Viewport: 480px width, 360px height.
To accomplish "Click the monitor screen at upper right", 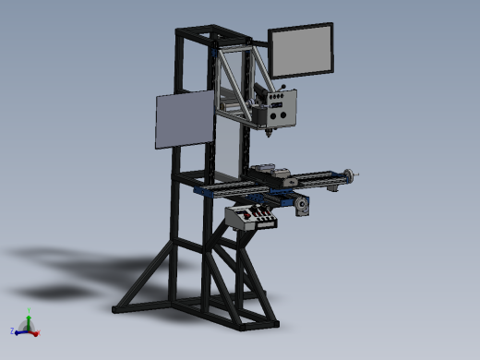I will click(x=302, y=51).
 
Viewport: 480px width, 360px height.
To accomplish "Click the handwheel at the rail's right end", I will click(x=348, y=174).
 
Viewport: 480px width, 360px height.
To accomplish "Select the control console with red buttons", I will click(x=252, y=218).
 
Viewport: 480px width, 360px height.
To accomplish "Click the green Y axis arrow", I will click(x=29, y=319).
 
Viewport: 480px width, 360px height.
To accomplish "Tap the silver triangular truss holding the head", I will click(x=238, y=78).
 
